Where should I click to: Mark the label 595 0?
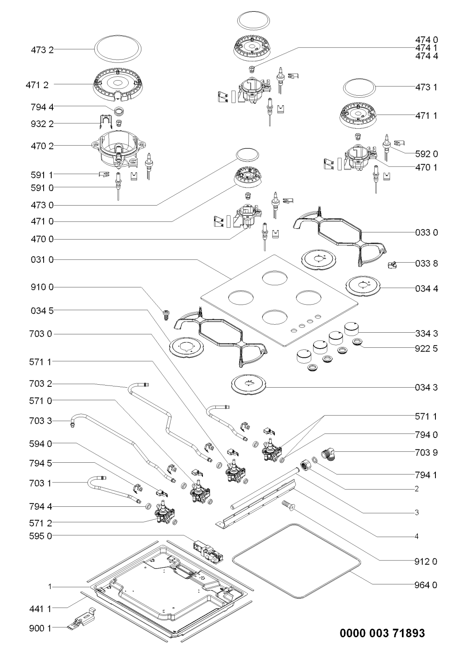42,535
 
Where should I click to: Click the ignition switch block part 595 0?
207,550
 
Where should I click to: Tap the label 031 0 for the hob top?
42,260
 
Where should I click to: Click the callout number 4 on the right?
417,536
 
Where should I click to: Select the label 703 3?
42,420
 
